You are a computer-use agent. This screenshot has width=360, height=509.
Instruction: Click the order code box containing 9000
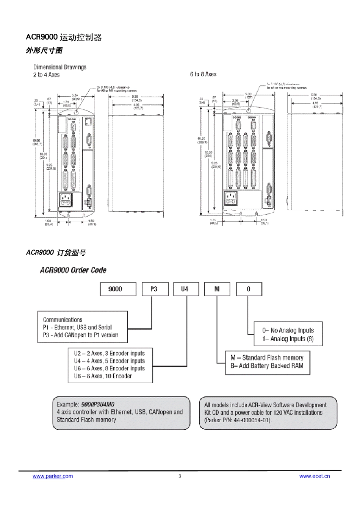pyautogui.click(x=118, y=289)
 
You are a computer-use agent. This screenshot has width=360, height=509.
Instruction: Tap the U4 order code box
pyautogui.click(x=185, y=289)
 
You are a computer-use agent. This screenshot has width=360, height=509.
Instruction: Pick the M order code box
pyautogui.click(x=217, y=289)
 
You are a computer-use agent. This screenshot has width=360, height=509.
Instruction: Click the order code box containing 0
pyautogui.click(x=249, y=289)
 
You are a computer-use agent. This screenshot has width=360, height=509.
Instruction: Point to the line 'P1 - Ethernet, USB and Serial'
pyautogui.click(x=77, y=328)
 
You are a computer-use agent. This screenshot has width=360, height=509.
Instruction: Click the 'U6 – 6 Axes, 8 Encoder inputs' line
pyautogui.click(x=110, y=368)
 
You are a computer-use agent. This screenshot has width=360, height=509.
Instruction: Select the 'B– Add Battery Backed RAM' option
pyautogui.click(x=267, y=366)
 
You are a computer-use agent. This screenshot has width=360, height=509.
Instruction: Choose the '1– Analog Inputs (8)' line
pyautogui.click(x=288, y=339)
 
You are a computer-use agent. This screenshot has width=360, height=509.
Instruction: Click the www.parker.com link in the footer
pyautogui.click(x=53, y=476)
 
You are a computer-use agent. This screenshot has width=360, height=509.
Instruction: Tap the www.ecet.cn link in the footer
pyautogui.click(x=315, y=476)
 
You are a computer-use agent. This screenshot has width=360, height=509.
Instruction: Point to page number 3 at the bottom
pyautogui.click(x=180, y=476)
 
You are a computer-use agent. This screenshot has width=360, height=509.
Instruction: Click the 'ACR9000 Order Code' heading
pyautogui.click(x=73, y=270)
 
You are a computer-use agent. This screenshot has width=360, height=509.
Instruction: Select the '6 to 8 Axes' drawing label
pyautogui.click(x=203, y=74)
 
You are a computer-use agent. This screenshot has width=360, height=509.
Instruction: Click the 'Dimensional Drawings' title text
pyautogui.click(x=60, y=67)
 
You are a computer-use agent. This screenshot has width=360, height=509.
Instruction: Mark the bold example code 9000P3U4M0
pyautogui.click(x=98, y=404)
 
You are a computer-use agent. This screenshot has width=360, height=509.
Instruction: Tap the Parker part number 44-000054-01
pyautogui.click(x=252, y=420)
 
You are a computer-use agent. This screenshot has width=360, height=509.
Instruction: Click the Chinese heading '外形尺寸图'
pyautogui.click(x=44, y=51)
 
